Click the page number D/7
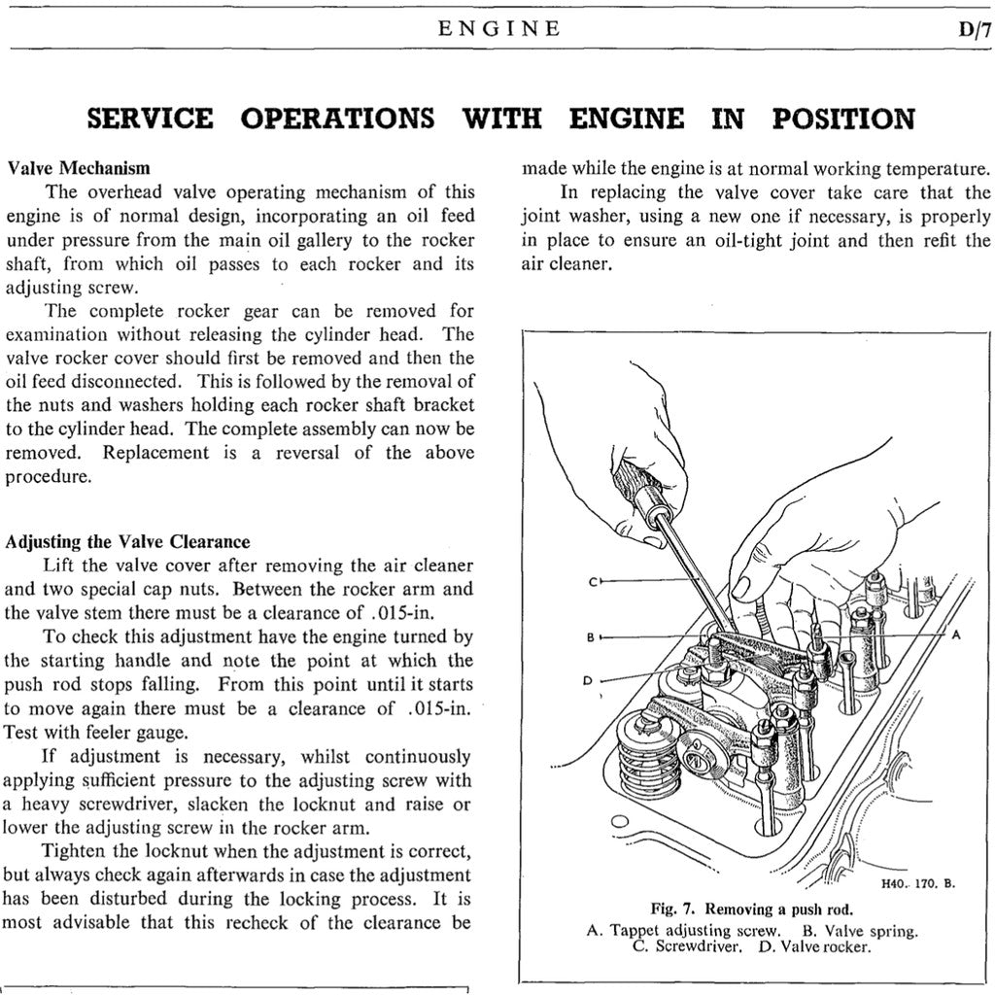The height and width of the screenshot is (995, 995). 973,29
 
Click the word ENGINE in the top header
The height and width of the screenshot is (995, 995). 499,29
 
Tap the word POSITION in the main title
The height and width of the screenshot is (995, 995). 843,120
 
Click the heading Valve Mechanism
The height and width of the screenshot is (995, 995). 78,167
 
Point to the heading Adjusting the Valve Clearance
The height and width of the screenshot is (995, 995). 127,542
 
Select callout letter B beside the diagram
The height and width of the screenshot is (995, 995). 590,637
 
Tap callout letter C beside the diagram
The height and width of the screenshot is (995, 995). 592,582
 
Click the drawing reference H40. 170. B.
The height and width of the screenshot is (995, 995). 918,884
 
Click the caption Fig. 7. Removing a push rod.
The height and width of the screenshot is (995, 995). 751,910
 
